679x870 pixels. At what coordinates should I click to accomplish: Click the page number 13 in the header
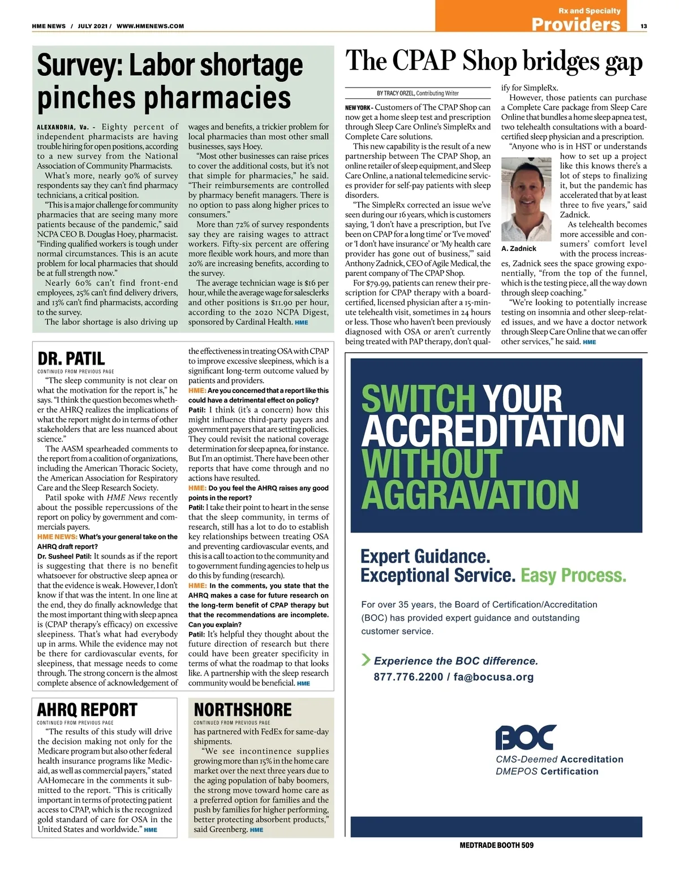click(644, 26)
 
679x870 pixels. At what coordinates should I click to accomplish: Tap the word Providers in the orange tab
click(576, 24)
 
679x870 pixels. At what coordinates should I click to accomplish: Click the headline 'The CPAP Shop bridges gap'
click(494, 61)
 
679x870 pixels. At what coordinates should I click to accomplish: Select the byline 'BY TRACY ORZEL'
click(396, 93)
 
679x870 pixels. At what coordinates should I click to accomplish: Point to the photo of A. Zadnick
click(527, 200)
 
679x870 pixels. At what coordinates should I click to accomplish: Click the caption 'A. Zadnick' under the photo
click(519, 248)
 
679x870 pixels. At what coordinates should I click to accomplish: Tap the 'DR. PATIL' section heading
click(71, 358)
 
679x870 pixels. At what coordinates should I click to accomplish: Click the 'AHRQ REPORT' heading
click(87, 709)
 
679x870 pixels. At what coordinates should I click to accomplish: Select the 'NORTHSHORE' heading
click(243, 709)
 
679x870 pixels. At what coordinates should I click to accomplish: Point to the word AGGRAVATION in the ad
click(470, 495)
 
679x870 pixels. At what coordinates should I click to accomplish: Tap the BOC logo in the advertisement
click(526, 737)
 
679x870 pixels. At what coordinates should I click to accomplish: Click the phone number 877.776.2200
click(408, 677)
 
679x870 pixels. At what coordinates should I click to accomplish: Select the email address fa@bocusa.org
click(493, 677)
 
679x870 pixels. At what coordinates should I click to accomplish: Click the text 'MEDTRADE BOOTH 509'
click(496, 845)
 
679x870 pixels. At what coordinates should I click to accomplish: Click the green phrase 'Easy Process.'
click(573, 575)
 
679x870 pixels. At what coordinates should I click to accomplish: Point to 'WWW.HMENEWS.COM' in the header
click(150, 26)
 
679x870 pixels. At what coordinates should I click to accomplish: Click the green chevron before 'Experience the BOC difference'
click(366, 660)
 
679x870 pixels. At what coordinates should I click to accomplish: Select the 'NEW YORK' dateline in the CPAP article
click(357, 107)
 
